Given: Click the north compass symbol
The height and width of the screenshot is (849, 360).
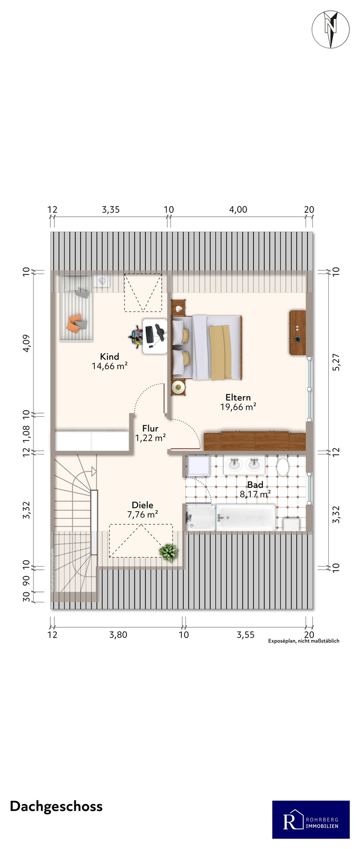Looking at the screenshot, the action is pos(331,29).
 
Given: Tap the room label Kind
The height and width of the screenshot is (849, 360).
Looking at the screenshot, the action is pos(109,356).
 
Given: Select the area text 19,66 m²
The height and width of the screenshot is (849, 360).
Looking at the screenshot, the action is pos(238,407).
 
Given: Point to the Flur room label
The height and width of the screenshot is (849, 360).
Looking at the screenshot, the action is pos(150,428).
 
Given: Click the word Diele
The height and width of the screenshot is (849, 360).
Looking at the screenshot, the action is pos(142,505).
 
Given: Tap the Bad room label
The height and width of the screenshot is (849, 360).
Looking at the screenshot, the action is pos(255,485).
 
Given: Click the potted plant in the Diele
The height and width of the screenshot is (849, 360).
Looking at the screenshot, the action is pos(169,552).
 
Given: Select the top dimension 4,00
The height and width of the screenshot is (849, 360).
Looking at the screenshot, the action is pos(238,210).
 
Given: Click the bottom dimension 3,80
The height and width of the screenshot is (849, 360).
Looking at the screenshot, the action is pos(118,634).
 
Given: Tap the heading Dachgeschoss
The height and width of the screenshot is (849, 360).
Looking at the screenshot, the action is pos(56,806).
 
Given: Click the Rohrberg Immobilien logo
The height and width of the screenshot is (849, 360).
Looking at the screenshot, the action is pos(311,820).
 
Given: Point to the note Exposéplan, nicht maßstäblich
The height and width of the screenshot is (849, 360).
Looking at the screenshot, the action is pos(304,641).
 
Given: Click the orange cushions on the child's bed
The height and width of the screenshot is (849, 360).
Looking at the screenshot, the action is pos(76,322).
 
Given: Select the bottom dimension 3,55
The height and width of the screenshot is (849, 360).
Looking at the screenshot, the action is pos(245,634).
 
